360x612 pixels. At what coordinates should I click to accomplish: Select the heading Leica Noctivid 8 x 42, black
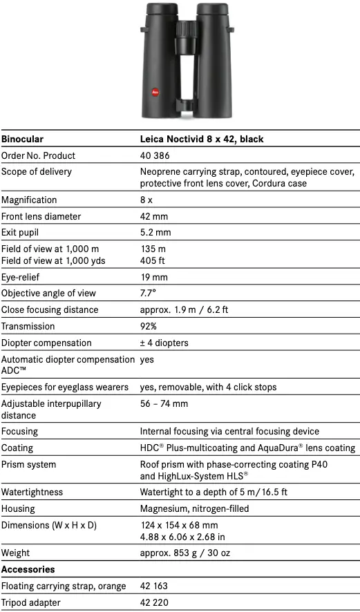pyautogui.click(x=202, y=139)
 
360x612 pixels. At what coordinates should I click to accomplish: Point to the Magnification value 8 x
pyautogui.click(x=146, y=200)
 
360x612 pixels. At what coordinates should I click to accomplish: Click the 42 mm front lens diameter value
pyautogui.click(x=154, y=216)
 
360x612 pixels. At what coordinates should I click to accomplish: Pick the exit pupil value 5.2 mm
pyautogui.click(x=155, y=233)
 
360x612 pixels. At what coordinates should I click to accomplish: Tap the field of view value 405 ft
pyautogui.click(x=153, y=260)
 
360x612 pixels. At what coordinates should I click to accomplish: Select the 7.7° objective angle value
pyautogui.click(x=149, y=293)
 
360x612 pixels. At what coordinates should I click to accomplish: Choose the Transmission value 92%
pyautogui.click(x=149, y=326)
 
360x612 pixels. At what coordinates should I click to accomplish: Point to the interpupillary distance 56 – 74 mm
pyautogui.click(x=164, y=403)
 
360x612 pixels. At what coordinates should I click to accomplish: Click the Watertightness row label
pyautogui.click(x=32, y=492)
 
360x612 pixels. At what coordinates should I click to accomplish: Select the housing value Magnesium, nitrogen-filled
pyautogui.click(x=194, y=508)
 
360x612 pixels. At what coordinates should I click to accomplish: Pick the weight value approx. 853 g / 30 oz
pyautogui.click(x=185, y=553)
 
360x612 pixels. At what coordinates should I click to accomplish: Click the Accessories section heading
pyautogui.click(x=29, y=569)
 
